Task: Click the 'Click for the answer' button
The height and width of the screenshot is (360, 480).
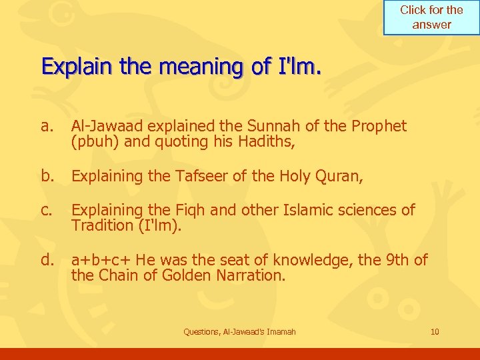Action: click(431, 17)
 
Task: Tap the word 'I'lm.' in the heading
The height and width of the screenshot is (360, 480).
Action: click(299, 67)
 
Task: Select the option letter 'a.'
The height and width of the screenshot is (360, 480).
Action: click(47, 126)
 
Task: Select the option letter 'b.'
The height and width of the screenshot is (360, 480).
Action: click(47, 176)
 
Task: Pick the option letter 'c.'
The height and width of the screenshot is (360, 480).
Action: click(47, 211)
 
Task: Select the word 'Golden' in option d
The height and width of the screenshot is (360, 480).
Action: click(189, 275)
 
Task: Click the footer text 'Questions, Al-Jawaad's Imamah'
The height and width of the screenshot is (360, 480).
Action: click(239, 331)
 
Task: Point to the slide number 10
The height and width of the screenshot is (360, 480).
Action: click(435, 331)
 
